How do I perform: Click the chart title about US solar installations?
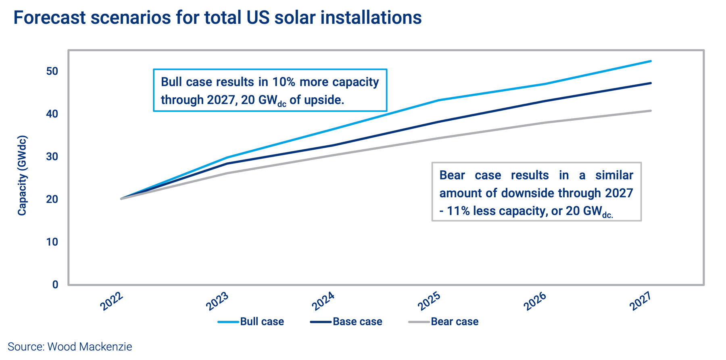[x=217, y=18]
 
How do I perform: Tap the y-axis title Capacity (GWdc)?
[x=22, y=176]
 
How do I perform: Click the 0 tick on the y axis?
[x=55, y=285]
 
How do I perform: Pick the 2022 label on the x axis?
[x=112, y=301]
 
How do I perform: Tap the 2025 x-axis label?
[x=429, y=301]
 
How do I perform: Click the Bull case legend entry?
[x=251, y=322]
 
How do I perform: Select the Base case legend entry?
[x=346, y=322]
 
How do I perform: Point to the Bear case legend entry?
[x=443, y=322]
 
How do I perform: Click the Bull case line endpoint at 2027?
[x=651, y=61]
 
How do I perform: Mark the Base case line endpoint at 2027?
[x=651, y=83]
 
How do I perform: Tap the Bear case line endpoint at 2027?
[x=651, y=111]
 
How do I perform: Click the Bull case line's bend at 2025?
[x=439, y=100]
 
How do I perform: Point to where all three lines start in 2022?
[x=121, y=199]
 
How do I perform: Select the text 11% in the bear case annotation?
[x=458, y=211]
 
